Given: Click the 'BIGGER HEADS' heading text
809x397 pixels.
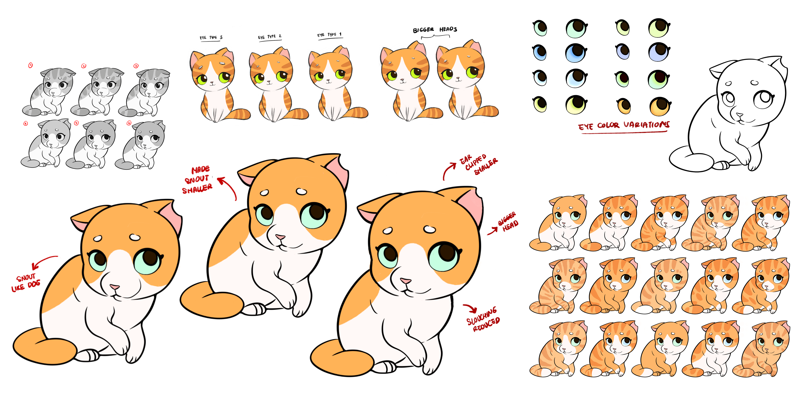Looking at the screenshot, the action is (x=435, y=30).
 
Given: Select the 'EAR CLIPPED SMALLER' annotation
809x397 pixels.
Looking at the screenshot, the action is (x=478, y=164).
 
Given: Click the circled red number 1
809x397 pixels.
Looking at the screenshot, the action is (x=31, y=65).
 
